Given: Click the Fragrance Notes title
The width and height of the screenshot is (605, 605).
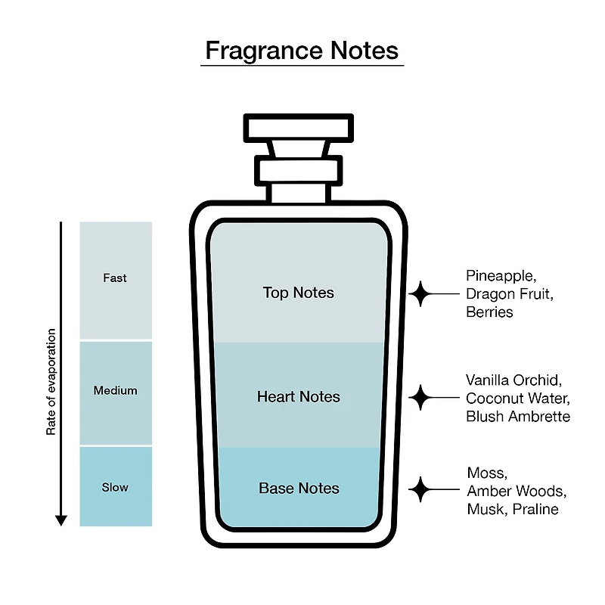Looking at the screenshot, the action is click(x=302, y=51).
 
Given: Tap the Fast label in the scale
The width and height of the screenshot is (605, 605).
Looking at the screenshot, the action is click(x=115, y=278).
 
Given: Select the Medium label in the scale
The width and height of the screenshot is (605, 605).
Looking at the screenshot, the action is click(x=116, y=390).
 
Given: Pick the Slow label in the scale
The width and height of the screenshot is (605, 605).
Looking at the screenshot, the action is click(x=115, y=487).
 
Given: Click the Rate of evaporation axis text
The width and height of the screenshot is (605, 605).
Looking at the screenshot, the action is click(x=51, y=382).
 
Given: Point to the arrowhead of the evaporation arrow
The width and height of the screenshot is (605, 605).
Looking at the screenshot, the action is click(x=61, y=520).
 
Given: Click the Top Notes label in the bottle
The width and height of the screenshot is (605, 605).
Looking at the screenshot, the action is click(x=298, y=293).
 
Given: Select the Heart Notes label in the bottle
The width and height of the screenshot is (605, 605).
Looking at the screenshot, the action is click(x=298, y=396).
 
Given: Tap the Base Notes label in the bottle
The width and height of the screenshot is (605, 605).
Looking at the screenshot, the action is click(x=299, y=488).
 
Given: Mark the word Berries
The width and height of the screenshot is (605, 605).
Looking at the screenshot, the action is click(x=489, y=312).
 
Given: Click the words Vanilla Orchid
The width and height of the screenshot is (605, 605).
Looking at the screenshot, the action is click(x=513, y=380).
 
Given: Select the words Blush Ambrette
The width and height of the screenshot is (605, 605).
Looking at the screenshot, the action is click(x=518, y=417).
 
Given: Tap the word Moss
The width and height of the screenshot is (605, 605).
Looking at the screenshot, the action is click(x=487, y=473).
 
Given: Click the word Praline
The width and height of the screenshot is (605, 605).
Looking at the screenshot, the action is click(x=535, y=509).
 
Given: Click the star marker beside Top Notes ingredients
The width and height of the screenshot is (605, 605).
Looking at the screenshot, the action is click(x=420, y=294).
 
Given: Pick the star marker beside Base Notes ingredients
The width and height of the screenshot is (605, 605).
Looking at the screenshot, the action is click(x=420, y=489).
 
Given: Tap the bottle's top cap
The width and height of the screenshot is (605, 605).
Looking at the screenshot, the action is click(x=298, y=128).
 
